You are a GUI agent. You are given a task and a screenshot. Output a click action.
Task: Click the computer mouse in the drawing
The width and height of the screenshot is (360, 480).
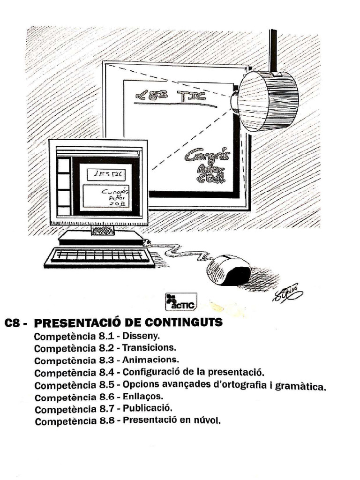pos(228,270)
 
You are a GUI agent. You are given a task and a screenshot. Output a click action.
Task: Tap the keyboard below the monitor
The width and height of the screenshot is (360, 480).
pos(100,256)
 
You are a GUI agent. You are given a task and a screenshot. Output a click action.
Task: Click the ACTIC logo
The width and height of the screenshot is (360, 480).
pos(181,301)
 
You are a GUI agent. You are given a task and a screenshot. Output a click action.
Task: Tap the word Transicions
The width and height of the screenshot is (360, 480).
pos(150,348)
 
